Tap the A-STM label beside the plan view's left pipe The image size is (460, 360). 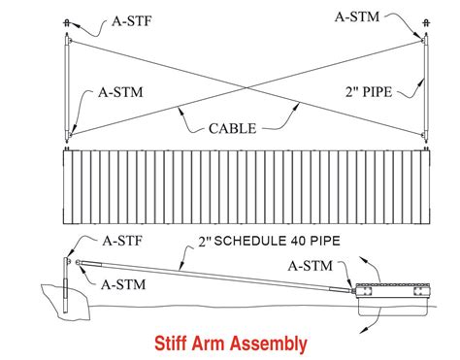click(x=122, y=94)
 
